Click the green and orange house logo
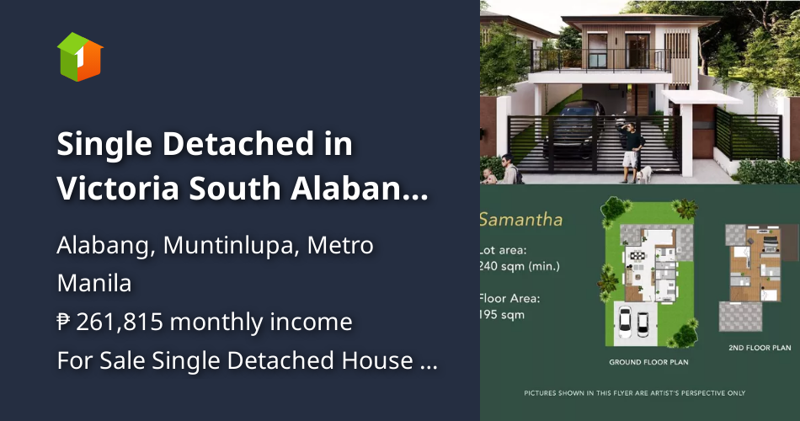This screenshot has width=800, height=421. click(80, 56)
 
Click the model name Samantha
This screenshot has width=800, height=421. click(520, 221)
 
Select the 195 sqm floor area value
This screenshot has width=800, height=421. click(502, 315)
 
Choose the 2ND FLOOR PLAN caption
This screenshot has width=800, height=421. click(759, 347)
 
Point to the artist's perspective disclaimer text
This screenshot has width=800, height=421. click(634, 393)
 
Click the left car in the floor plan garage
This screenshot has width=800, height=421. click(626, 321)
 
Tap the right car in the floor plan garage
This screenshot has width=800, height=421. click(643, 321)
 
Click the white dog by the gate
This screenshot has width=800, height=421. click(644, 174)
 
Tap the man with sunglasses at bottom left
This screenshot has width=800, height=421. click(508, 168)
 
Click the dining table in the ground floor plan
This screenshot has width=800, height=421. click(637, 254)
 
